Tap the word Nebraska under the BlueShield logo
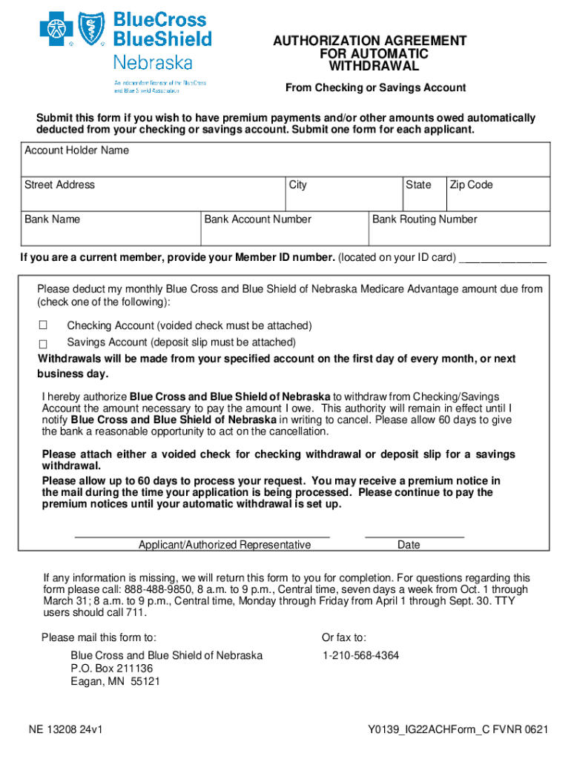153,62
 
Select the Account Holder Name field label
76,150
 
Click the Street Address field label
59,185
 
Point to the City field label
298,185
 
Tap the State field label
418,185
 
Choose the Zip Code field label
471,185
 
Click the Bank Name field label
52,219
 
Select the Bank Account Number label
257,219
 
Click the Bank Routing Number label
424,219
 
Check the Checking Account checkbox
43,325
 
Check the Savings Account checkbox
43,343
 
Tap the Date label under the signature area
409,545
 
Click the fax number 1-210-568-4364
360,656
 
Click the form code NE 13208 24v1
65,729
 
